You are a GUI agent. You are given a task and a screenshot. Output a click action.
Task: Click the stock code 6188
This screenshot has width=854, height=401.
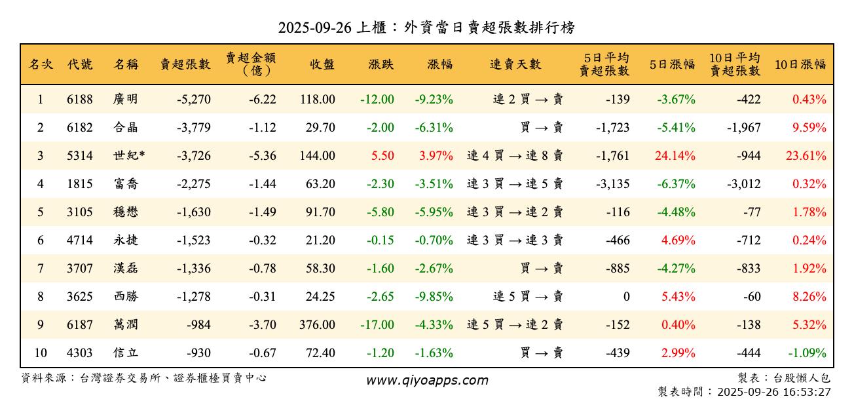tap(80, 100)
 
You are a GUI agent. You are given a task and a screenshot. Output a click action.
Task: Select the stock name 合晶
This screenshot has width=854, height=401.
tap(125, 128)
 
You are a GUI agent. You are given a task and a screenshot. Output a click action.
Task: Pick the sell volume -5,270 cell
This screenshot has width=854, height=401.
tap(193, 100)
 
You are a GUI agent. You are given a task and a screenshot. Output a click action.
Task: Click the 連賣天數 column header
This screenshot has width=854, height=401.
tap(515, 64)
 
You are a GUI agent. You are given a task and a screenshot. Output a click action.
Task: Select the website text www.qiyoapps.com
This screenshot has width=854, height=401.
tap(426, 381)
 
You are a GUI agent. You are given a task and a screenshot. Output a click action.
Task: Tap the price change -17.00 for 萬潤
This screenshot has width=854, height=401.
tap(377, 325)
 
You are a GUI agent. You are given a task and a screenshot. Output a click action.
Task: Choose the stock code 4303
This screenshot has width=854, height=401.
tap(80, 353)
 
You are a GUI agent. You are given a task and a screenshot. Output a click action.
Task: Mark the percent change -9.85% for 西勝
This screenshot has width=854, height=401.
tap(434, 297)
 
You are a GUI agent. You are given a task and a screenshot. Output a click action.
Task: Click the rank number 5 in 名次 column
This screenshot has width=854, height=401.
tap(40, 212)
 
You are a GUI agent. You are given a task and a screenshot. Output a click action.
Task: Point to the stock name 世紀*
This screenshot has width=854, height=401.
tap(128, 156)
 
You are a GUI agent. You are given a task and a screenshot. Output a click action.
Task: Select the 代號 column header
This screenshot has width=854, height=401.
tap(80, 64)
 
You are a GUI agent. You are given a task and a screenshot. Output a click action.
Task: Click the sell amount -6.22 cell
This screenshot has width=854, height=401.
tap(262, 100)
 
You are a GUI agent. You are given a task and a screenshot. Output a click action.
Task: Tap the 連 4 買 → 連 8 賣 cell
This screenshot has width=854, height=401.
tap(515, 156)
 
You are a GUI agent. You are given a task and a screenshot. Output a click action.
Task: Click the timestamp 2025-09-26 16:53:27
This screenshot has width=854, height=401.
tap(773, 392)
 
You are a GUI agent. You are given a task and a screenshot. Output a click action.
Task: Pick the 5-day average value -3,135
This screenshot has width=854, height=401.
tap(612, 184)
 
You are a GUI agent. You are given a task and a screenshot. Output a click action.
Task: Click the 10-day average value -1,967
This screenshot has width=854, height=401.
tap(743, 128)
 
